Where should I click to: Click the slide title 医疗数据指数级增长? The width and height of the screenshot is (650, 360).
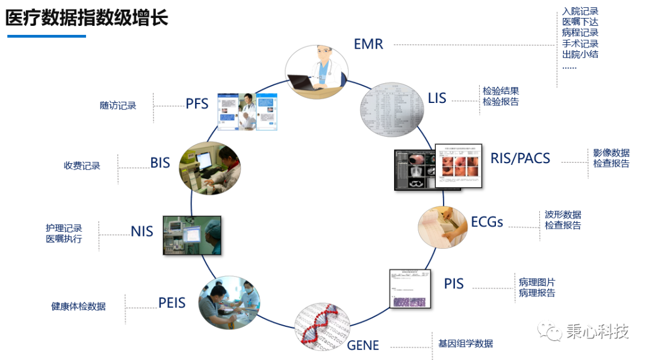(87, 17)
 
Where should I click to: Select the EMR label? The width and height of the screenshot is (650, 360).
(368, 44)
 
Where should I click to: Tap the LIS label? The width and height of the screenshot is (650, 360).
(437, 98)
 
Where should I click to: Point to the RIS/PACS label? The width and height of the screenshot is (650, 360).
(520, 158)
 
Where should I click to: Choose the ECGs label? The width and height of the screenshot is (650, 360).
(487, 222)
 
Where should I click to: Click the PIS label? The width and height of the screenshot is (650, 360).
(454, 284)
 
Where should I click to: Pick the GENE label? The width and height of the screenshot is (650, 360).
(363, 346)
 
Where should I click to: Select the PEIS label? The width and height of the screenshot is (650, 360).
(172, 303)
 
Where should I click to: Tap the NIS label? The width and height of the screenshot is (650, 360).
(142, 231)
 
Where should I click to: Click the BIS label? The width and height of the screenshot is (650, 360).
(160, 163)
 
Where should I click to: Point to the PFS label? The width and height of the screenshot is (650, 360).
(197, 104)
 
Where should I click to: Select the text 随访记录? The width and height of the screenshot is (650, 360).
(118, 105)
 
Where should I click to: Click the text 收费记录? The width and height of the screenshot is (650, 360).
(82, 166)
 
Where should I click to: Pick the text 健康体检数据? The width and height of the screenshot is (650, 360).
(78, 306)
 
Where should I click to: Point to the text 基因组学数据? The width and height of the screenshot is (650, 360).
(465, 344)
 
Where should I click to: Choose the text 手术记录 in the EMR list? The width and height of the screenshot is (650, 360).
(580, 44)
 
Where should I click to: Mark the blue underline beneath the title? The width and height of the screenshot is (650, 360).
(46, 36)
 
